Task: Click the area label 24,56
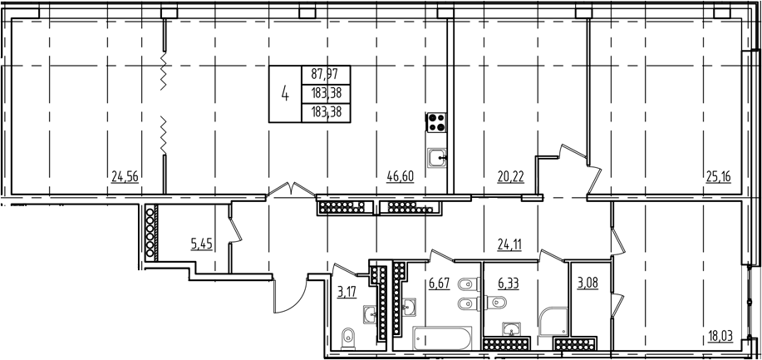[123, 175]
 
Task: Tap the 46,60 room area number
[400, 175]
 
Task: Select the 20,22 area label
[488, 175]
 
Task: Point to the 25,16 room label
[718, 175]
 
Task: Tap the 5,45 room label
[201, 244]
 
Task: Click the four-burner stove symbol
[436, 123]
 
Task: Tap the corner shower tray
[553, 322]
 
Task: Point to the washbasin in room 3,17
[368, 313]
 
